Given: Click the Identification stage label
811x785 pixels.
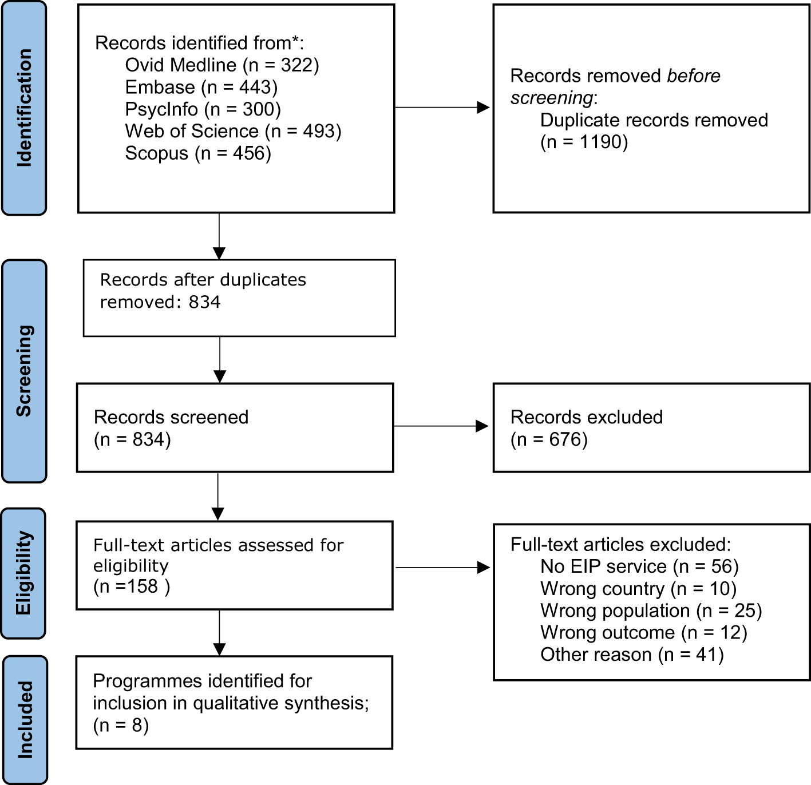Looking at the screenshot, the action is [24, 108].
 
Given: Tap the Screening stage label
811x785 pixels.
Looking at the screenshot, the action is [24, 371].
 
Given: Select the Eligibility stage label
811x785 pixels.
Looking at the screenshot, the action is [23, 573].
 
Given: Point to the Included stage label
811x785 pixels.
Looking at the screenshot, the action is [25, 720].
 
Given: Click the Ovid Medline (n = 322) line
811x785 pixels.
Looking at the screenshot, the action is [222, 65].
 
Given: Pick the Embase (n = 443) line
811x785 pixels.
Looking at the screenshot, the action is [201, 87].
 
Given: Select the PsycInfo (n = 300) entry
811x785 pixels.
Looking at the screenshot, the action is [203, 109].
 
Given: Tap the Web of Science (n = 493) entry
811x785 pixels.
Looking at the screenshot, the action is [234, 131].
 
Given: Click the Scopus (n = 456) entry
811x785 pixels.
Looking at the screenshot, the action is [199, 153].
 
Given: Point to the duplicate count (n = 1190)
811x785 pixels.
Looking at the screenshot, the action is [584, 142].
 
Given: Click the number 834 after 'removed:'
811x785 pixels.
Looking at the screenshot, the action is [204, 302].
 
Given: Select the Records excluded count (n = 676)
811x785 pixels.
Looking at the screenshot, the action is [549, 439].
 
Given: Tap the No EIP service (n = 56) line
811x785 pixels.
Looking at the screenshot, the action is [639, 566].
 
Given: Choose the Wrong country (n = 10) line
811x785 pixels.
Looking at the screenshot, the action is [639, 589].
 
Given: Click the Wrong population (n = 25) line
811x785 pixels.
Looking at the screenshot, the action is [651, 611].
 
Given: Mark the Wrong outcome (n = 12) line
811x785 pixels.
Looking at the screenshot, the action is [644, 632].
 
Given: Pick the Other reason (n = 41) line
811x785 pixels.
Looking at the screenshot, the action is [632, 655].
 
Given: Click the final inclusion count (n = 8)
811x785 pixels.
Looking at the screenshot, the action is [121, 725].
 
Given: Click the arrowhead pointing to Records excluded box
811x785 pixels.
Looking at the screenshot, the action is [482, 426].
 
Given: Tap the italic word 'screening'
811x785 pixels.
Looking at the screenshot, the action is [551, 98].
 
